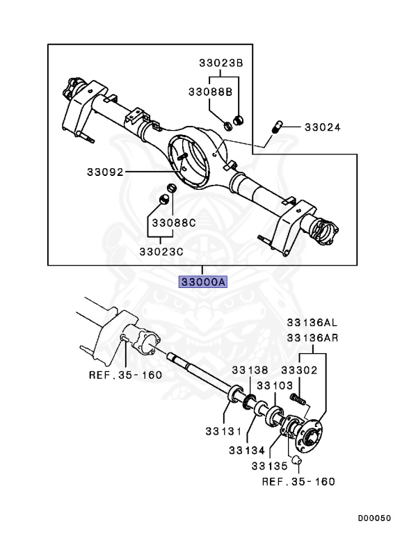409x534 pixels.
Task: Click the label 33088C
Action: point(175,225)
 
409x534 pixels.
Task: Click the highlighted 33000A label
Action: point(202,282)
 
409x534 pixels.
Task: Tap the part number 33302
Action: point(298,371)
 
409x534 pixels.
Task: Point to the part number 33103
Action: point(275,385)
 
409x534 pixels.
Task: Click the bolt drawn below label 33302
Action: point(297,400)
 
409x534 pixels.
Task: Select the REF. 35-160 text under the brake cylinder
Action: point(125,375)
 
